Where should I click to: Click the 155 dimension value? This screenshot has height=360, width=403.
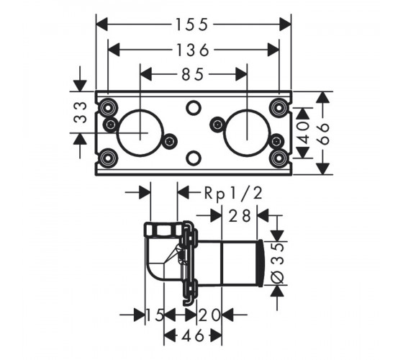tap(191, 24)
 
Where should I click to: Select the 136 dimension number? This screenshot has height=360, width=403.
tap(193, 50)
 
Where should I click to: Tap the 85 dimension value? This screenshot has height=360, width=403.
tap(193, 75)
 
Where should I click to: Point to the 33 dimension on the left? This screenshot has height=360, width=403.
tap(80, 112)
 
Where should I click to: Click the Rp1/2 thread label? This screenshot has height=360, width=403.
tap(233, 193)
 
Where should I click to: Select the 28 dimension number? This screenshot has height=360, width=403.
tap(240, 215)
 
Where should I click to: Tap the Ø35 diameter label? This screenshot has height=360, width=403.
tap(277, 263)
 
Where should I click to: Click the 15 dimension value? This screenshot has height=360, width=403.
tap(155, 315)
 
